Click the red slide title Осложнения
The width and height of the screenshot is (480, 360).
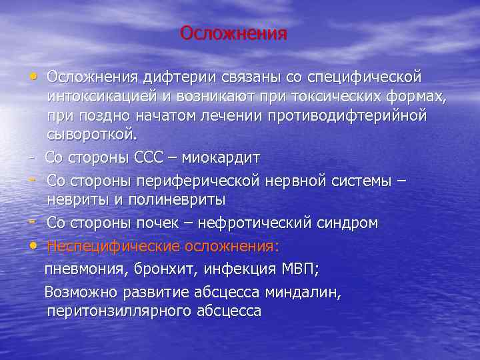click(233, 33)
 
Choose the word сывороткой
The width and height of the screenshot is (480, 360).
click(91, 135)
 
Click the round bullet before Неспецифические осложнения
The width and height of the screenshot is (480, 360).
click(33, 246)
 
